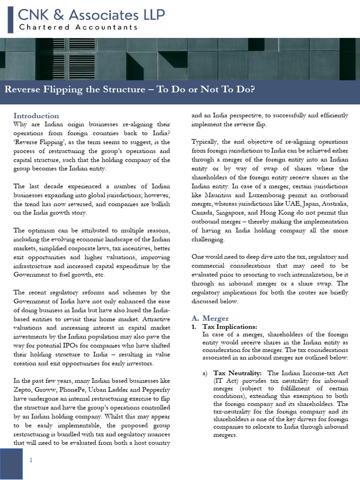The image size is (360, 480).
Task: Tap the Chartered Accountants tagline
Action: tap(78, 27)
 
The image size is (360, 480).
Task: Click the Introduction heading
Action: tap(36, 116)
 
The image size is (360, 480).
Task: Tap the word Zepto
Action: tap(22, 390)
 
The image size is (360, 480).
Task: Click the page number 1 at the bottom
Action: tap(31, 460)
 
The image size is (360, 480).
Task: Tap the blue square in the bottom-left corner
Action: tap(11, 463)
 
